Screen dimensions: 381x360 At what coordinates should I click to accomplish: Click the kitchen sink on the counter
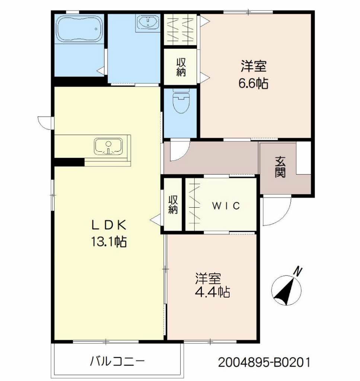tap(108, 146)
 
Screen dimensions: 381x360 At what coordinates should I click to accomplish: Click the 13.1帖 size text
tap(108, 242)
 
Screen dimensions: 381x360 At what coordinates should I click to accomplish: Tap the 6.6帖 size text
tap(253, 83)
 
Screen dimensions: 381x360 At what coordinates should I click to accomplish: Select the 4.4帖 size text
tap(212, 292)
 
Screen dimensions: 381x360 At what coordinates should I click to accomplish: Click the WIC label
tap(226, 206)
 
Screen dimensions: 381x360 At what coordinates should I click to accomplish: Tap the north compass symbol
tap(286, 291)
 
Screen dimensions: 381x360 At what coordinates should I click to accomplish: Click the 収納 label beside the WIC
tap(173, 205)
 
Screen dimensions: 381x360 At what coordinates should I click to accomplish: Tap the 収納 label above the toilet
tap(181, 67)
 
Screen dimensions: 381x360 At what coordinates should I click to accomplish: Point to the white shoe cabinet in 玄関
tap(303, 157)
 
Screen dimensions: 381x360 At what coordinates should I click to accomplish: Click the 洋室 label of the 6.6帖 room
tap(253, 67)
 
